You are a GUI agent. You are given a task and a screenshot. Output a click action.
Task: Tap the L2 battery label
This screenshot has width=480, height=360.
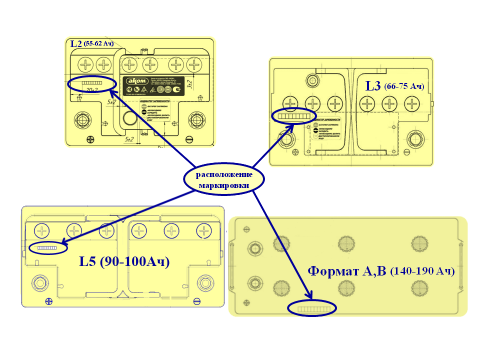click(76, 43)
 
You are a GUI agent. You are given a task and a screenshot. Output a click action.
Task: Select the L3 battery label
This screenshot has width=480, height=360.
click(373, 85)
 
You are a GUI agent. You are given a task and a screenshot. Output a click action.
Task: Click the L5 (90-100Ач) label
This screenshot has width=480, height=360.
click(124, 261)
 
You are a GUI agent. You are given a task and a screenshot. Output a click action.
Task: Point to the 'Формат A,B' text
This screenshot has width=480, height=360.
click(347, 271)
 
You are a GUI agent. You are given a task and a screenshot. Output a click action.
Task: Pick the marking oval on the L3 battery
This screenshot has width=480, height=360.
click(294, 116)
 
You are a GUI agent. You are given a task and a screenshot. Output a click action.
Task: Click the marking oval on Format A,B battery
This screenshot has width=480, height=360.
click(312, 309)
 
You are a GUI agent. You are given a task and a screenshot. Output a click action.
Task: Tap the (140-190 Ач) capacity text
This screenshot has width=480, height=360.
click(422, 271)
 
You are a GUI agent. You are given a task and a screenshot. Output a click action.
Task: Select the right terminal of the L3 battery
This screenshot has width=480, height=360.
click(414, 139)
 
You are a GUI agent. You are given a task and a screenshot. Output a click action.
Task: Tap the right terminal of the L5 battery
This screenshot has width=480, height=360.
click(204, 283)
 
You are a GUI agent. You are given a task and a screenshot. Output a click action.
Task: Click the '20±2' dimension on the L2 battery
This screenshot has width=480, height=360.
click(91, 89)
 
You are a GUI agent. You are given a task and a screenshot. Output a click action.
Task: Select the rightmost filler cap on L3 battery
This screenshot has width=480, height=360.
click(412, 104)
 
